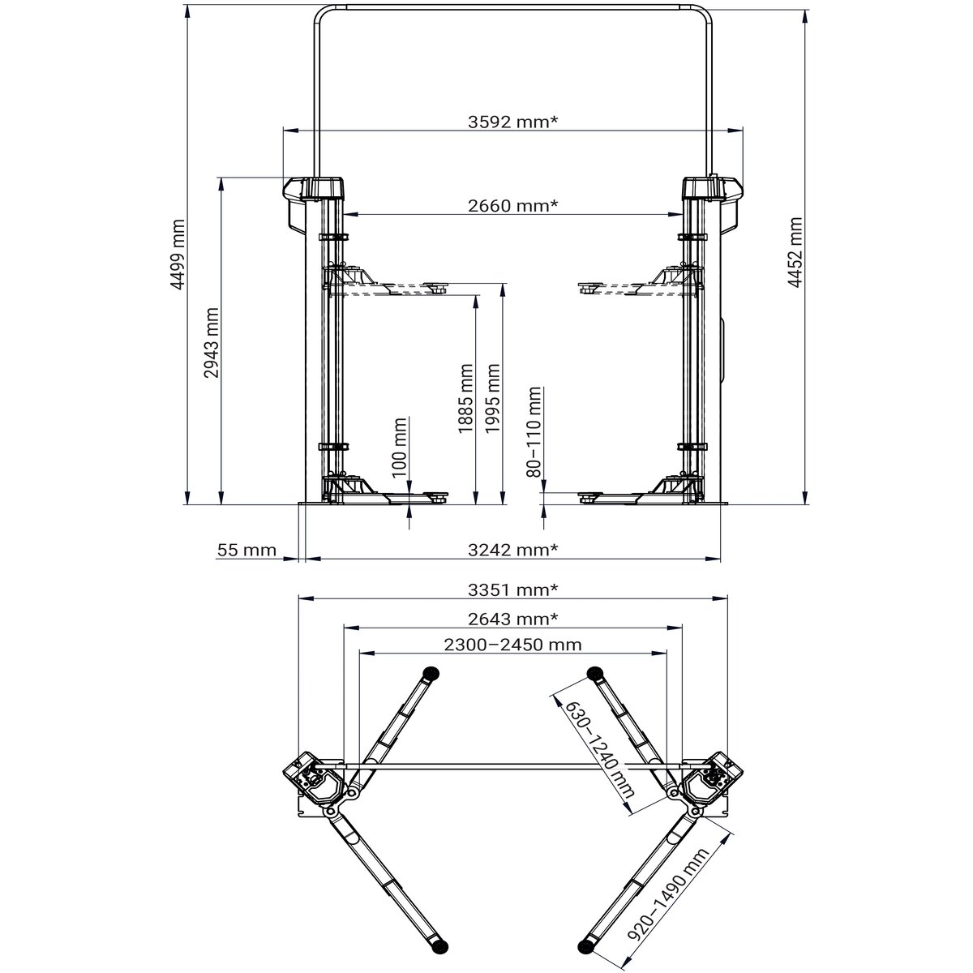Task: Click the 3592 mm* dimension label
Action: coord(513,122)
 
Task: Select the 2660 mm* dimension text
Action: coord(512,205)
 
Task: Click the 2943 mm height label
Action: coord(212,343)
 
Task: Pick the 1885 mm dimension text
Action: coord(466,398)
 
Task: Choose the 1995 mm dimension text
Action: coord(492,398)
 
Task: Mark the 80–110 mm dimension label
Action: coord(534,431)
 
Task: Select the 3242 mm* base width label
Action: coord(513,550)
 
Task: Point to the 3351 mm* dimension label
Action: coord(513,589)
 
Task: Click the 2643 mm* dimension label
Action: coord(513,619)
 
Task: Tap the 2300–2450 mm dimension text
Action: coord(512,645)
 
